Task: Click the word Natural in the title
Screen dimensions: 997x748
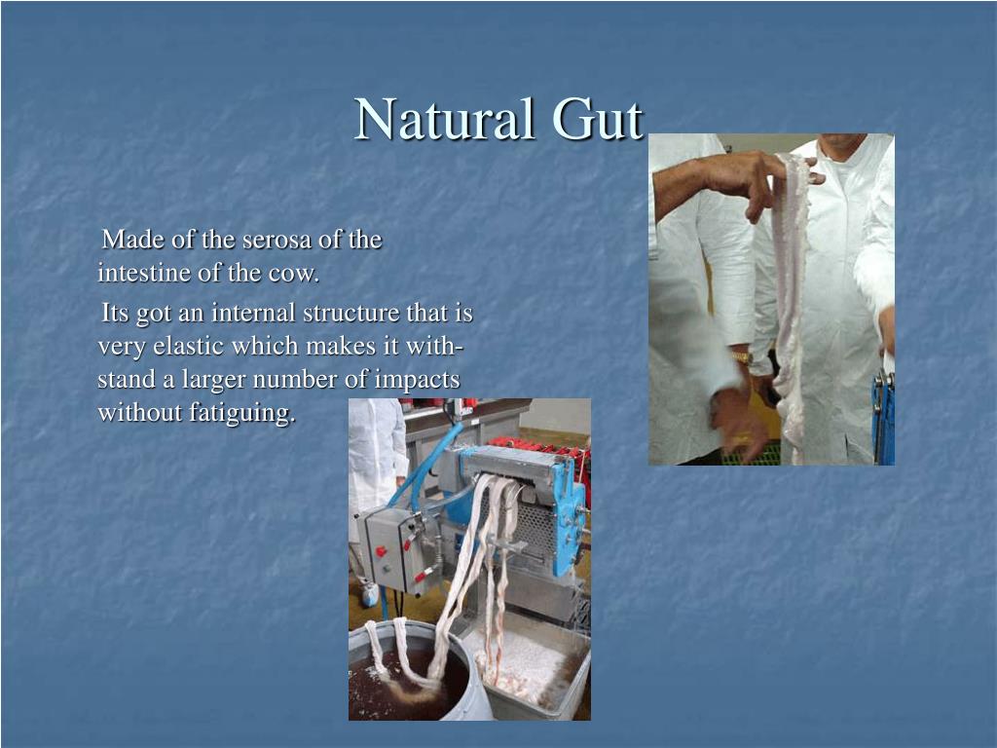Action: (444, 119)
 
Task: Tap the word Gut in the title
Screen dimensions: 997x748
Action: (598, 119)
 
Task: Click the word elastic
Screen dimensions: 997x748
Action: (189, 346)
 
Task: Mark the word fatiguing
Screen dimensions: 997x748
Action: (242, 413)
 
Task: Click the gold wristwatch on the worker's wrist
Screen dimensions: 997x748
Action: (741, 358)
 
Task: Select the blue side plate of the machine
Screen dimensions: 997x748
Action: (568, 518)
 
